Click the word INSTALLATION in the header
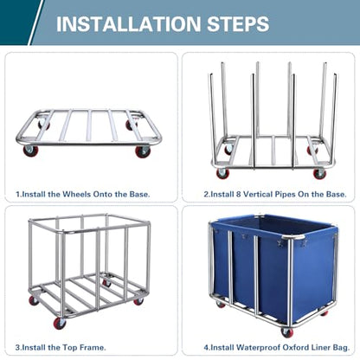click(x=128, y=24)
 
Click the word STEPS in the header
click(x=238, y=24)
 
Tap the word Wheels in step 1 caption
click(x=76, y=194)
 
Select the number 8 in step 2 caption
click(x=238, y=194)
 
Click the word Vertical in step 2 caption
click(x=257, y=194)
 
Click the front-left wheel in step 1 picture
click(x=30, y=151)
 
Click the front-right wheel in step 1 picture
click(x=143, y=151)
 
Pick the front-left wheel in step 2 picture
click(x=223, y=173)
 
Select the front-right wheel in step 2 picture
click(x=319, y=173)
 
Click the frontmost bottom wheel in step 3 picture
click(x=61, y=323)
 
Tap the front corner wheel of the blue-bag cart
click(x=286, y=332)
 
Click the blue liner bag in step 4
click(x=274, y=266)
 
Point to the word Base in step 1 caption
click(x=138, y=194)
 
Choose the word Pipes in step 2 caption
click(x=284, y=194)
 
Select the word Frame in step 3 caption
click(x=93, y=348)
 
